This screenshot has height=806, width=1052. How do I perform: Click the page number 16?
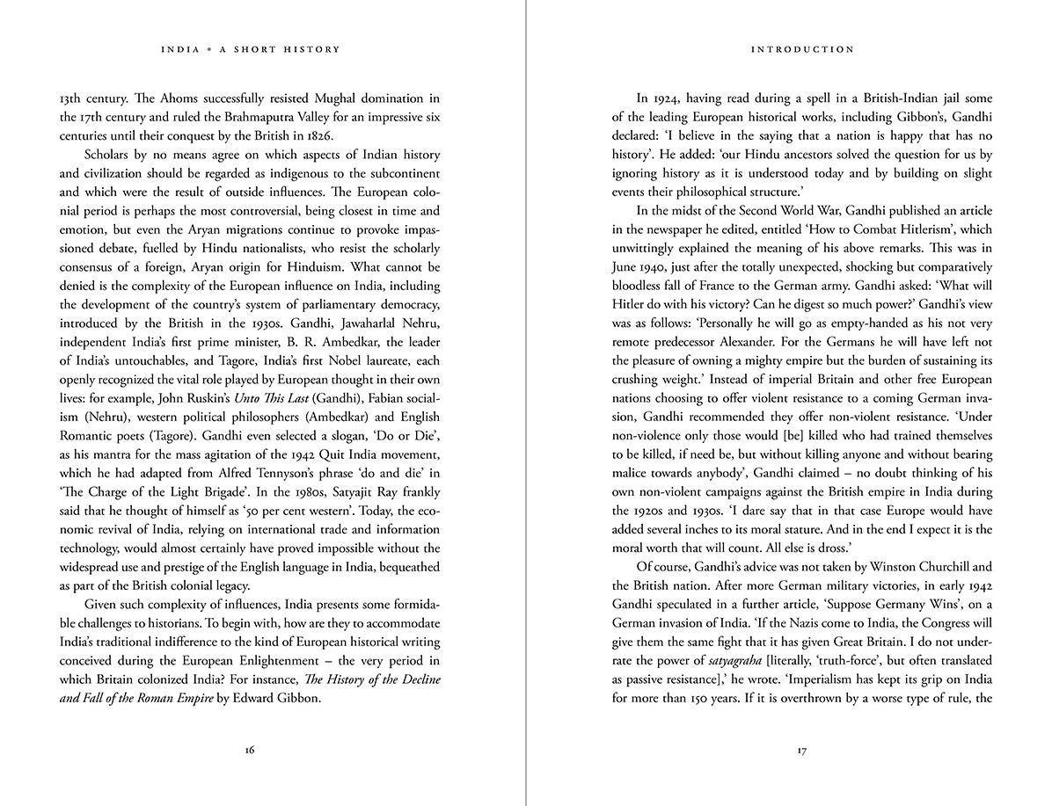pos(250,750)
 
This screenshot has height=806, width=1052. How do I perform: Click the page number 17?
pos(802,750)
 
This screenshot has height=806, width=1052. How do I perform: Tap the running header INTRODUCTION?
pos(802,50)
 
